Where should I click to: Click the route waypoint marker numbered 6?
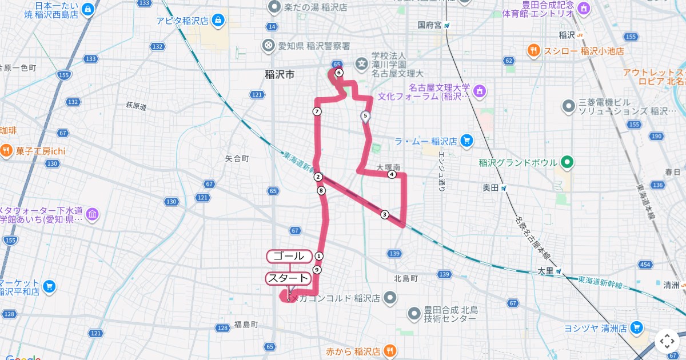(339, 73)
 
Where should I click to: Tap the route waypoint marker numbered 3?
(384, 214)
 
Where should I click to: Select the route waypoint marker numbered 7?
(317, 111)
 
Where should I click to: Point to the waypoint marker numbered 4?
(392, 174)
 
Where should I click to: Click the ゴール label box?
(289, 256)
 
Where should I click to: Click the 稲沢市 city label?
(280, 74)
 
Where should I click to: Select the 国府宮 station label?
(429, 25)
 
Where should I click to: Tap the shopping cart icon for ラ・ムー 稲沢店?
(466, 141)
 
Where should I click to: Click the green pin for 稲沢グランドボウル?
(567, 163)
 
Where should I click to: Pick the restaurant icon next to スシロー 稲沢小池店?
(533, 51)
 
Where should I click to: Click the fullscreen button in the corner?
(667, 341)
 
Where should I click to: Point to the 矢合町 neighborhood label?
(237, 158)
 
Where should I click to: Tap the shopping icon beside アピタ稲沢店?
(217, 22)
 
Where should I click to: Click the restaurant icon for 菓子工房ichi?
(6, 151)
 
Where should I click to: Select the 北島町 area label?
(406, 278)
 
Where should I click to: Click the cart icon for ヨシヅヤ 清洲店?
(636, 328)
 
